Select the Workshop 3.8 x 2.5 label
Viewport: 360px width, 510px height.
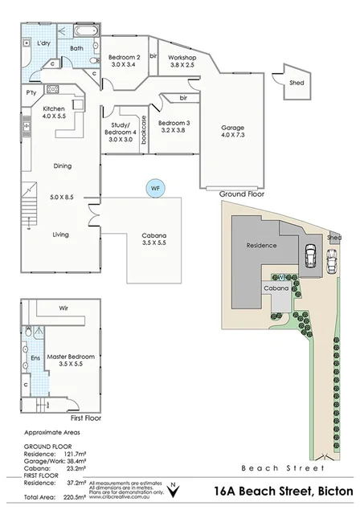coord(182,61)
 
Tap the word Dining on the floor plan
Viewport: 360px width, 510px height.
coord(62,166)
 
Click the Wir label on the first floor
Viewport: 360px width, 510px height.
coord(63,308)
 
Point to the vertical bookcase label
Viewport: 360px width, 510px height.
coord(144,130)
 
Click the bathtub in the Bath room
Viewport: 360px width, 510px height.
coord(85,31)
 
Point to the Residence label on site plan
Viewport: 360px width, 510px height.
coord(261,246)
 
